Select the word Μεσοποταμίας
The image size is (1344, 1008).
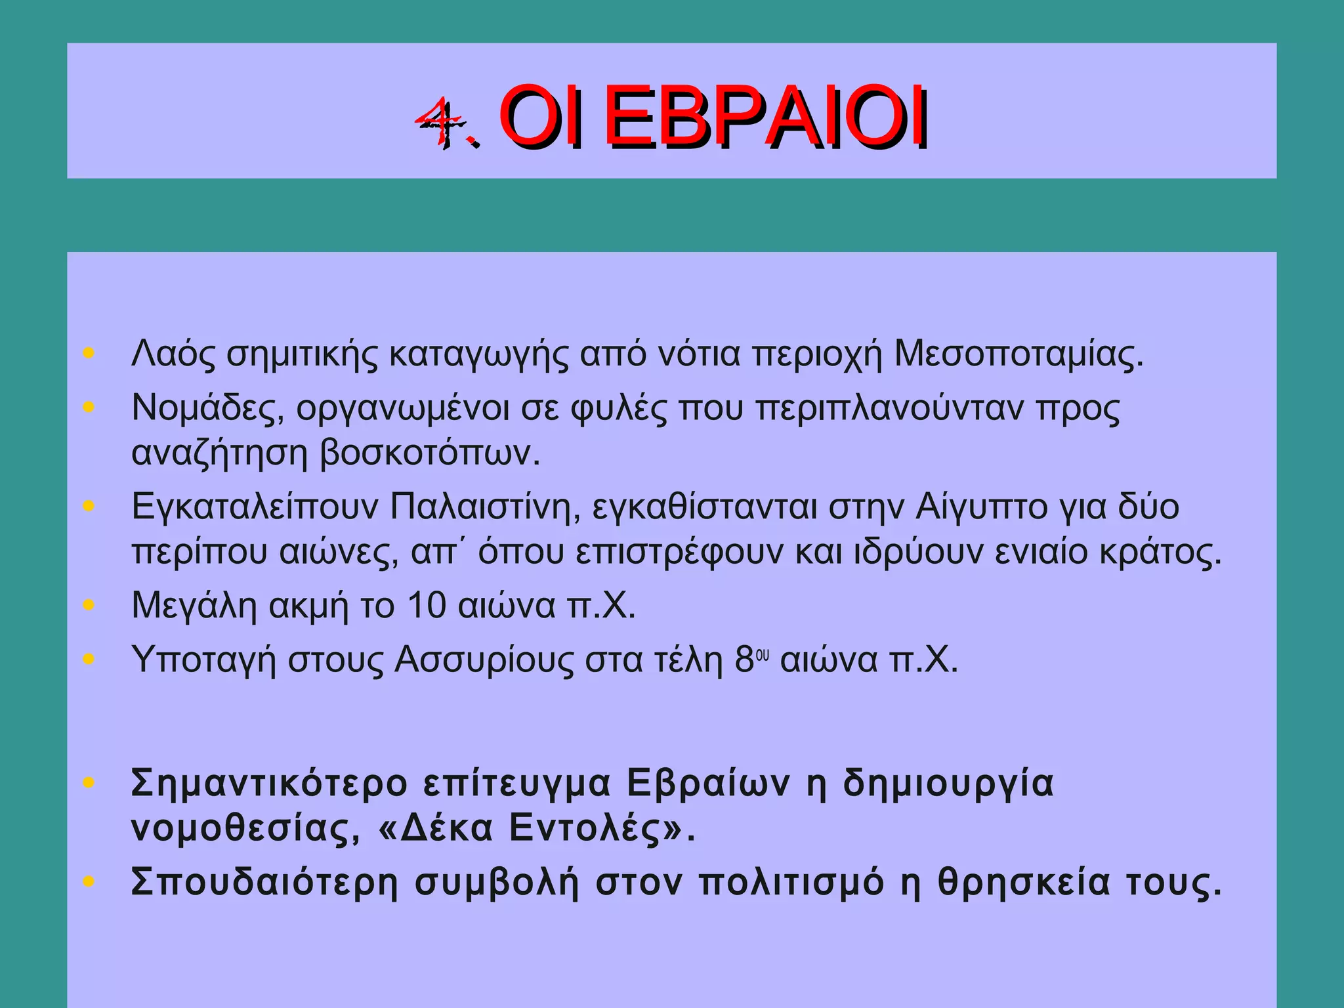1018,354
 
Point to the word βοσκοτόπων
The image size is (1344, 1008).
430,453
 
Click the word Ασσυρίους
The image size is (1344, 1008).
484,660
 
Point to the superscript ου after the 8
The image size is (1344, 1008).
762,655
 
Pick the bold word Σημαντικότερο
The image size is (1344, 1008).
269,784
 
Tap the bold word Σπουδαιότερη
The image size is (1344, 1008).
264,883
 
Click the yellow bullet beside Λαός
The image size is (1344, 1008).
89,354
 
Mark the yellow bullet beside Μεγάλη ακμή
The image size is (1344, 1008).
89,605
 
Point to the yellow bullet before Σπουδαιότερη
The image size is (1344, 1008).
89,881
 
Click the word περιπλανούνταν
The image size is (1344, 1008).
890,408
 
